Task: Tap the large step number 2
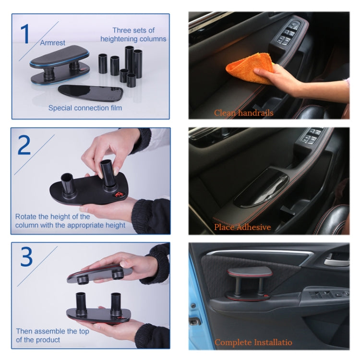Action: (25, 145)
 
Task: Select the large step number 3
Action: (26, 257)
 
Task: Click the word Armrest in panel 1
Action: (52, 43)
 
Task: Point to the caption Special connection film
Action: (85, 108)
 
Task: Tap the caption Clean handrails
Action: (243, 113)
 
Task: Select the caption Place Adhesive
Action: (242, 227)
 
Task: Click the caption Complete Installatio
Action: (253, 342)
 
